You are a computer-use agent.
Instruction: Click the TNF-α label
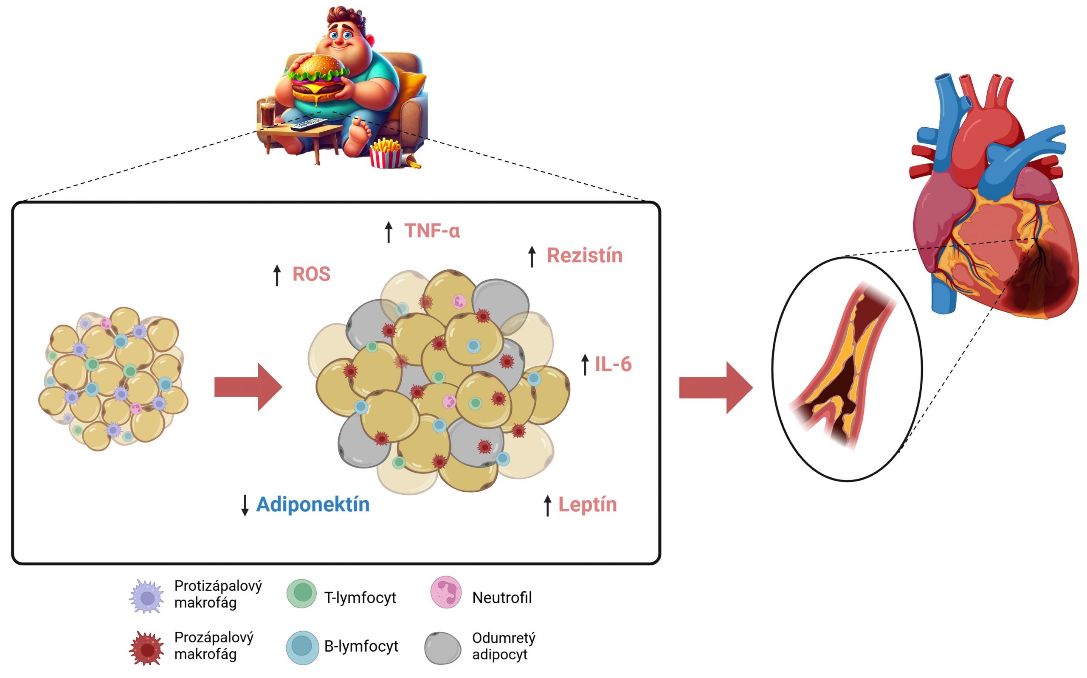coord(431,231)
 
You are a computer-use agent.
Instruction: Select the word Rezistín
coord(584,255)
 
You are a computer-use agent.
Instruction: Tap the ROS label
coord(311,274)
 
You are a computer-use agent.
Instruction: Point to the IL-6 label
coord(613,364)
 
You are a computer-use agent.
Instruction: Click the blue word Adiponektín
coord(313,504)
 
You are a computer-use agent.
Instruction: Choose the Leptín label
coord(587,504)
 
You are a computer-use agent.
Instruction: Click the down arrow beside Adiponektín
coord(245,505)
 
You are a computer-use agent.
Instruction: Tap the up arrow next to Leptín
coord(547,505)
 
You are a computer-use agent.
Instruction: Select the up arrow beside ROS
coord(277,275)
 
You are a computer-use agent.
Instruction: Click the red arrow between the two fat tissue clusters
coord(248,387)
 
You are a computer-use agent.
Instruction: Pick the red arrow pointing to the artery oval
coord(715,387)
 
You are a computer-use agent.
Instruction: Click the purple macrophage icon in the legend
coord(146,597)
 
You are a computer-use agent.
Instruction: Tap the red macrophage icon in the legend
coord(146,648)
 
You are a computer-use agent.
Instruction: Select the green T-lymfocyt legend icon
coord(301,593)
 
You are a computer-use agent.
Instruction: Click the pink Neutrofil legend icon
coord(445,592)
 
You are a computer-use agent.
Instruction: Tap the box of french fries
coord(385,153)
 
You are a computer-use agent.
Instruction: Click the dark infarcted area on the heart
coord(1041,283)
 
